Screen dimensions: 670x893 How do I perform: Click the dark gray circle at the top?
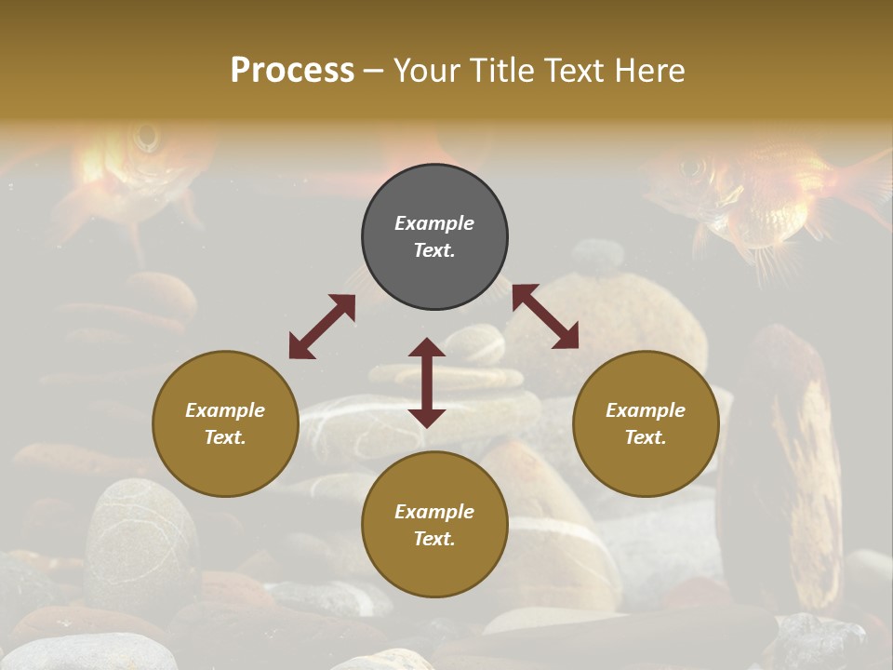434,237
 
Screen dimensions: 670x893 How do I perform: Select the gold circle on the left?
225,423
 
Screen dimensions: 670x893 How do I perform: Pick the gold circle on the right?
646,423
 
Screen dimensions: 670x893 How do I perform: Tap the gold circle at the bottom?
434,524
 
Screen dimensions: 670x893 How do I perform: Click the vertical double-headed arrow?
427,382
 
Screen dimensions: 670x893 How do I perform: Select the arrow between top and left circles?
322,327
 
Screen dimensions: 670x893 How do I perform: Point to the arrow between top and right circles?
545,316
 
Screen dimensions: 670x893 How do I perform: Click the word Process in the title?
292,70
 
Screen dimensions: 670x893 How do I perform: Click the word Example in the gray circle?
434,223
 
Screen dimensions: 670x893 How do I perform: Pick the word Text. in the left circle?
225,437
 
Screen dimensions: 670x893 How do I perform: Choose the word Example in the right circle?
646,410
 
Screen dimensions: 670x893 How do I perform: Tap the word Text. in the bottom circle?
434,539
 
